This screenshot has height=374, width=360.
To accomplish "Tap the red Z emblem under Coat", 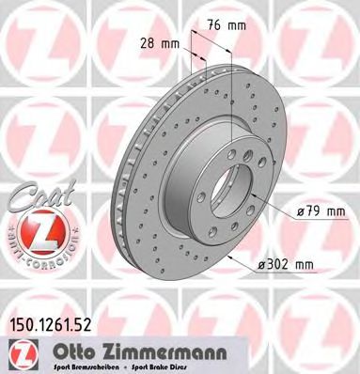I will click(x=35, y=231).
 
